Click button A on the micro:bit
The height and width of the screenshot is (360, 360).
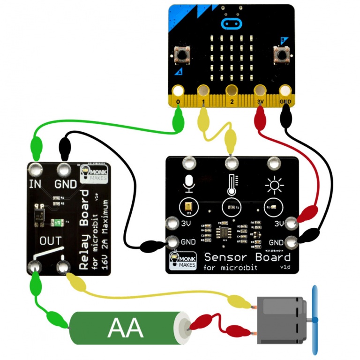[x=180, y=56]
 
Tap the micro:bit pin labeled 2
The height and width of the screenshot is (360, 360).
[x=231, y=91]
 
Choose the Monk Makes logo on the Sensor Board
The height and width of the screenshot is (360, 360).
[x=181, y=261]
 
